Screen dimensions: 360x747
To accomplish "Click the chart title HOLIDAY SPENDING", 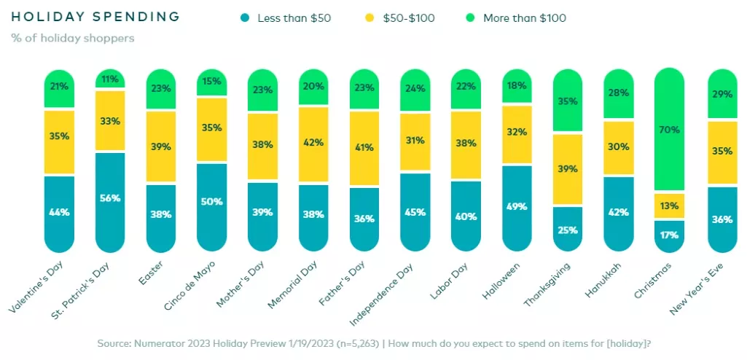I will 95,16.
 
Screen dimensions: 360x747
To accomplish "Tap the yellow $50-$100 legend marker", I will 369,17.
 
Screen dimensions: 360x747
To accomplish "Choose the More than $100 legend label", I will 525,17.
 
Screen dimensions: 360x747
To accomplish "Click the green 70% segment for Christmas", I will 670,130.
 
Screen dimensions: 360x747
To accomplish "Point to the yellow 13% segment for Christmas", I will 670,206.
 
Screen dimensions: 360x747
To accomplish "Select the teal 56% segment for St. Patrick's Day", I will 110,197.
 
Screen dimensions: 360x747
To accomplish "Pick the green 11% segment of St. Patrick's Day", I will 110,79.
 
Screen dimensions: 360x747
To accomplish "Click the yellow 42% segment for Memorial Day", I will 314,144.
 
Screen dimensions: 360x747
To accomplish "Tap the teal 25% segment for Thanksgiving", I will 568,230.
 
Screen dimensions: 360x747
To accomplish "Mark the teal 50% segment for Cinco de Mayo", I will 211,202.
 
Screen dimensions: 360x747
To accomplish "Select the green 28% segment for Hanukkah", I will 619,93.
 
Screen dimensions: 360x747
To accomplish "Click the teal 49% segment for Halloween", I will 517,206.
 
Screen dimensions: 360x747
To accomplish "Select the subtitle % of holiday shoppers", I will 73,38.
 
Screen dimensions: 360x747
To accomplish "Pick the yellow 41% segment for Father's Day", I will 364,148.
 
